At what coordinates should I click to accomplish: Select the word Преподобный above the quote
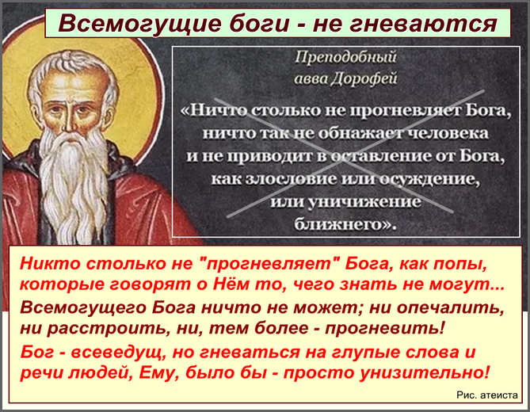coord(345,57)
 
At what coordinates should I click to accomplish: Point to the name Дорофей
coord(364,78)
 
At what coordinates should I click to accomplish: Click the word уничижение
coord(366,202)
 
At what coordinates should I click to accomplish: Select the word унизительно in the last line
coord(424,373)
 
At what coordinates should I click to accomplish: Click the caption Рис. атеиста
coord(487,395)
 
